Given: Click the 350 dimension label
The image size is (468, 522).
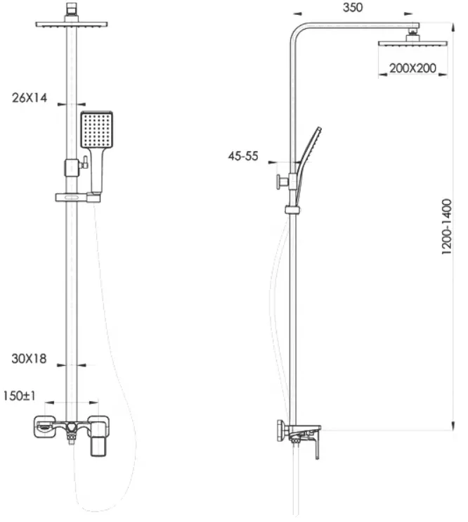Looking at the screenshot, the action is pyautogui.click(x=353, y=7).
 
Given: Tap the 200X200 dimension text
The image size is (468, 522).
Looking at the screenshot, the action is pyautogui.click(x=412, y=68).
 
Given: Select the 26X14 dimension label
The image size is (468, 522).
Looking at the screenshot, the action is pyautogui.click(x=30, y=98).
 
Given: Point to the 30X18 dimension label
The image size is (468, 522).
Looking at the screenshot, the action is pyautogui.click(x=29, y=359).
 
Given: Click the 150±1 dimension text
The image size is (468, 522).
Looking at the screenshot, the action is pyautogui.click(x=19, y=396).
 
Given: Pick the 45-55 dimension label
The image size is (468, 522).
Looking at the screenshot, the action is pyautogui.click(x=243, y=156).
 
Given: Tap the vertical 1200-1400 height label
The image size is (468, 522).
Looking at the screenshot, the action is pyautogui.click(x=447, y=227).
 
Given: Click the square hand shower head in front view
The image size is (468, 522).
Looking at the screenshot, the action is pyautogui.click(x=97, y=130).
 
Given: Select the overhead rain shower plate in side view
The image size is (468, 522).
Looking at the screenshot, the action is pyautogui.click(x=413, y=44).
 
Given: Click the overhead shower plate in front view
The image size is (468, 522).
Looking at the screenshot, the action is pyautogui.click(x=72, y=24).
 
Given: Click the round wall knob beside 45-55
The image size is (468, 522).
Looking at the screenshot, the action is pyautogui.click(x=278, y=182).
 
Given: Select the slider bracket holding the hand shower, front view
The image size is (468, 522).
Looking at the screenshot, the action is pyautogui.click(x=78, y=198).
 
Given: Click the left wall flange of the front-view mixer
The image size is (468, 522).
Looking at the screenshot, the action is pyautogui.click(x=44, y=426).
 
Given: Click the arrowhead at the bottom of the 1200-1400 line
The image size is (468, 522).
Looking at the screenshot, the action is pyautogui.click(x=453, y=426).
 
